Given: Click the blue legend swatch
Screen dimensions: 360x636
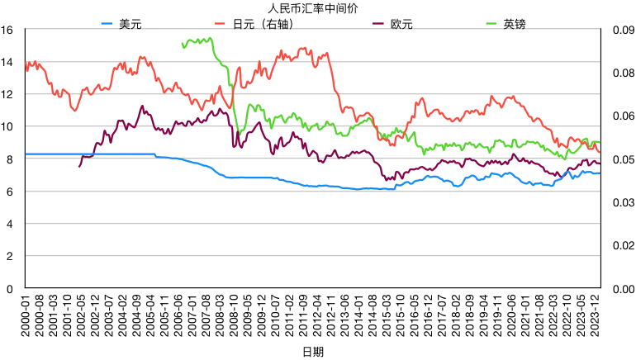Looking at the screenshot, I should click(107, 24).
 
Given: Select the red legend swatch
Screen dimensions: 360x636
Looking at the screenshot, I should click(220, 24).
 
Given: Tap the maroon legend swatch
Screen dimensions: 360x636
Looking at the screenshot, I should click(378, 24).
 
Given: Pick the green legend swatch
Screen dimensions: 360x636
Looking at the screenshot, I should click(491, 24).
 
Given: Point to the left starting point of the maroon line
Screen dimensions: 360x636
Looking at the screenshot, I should click(79, 167).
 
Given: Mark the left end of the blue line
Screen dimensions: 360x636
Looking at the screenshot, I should click(26, 154).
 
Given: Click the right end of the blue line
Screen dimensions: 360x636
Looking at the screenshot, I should click(600, 173).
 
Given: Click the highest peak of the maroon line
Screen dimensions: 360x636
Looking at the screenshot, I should click(142, 106).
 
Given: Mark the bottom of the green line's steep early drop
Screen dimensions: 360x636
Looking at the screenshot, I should click(240, 134).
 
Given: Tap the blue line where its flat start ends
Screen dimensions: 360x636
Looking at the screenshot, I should click(154, 155).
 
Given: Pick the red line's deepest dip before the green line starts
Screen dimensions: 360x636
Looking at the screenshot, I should click(74, 111).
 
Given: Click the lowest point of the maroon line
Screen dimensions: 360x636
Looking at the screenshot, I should click(387, 180).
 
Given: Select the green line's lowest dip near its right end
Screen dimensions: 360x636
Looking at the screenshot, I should click(564, 159).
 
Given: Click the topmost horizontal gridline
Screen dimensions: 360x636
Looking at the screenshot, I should click(312, 29).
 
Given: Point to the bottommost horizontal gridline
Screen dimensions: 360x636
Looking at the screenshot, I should click(312, 256).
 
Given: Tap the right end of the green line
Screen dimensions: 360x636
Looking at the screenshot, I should click(600, 144).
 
